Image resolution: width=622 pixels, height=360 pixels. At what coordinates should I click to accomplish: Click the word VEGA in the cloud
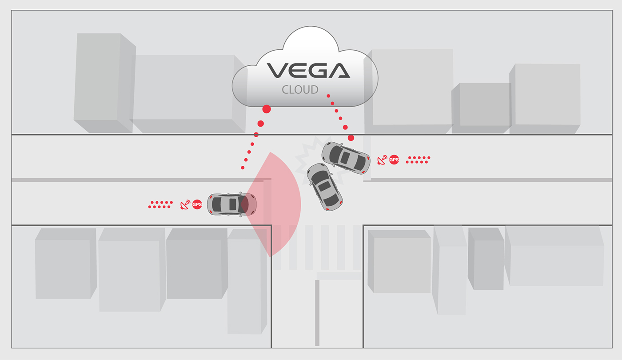308,71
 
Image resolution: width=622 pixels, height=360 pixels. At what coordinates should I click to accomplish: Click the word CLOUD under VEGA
300,90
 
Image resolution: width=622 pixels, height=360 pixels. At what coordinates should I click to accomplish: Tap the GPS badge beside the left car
197,204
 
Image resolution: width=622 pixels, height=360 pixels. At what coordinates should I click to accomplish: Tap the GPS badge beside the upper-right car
394,160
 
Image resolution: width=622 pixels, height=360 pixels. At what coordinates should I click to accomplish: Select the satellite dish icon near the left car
185,204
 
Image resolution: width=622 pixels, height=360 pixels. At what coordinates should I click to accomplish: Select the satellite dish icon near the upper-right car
382,160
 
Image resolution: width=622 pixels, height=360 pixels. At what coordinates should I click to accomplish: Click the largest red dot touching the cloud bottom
267,108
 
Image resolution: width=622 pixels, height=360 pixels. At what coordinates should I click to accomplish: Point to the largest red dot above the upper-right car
351,138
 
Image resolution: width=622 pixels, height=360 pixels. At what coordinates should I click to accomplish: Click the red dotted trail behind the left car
160,205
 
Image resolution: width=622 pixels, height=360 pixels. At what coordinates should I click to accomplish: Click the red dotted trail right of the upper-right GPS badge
418,160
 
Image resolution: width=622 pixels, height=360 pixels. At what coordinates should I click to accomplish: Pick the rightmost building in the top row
545,98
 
